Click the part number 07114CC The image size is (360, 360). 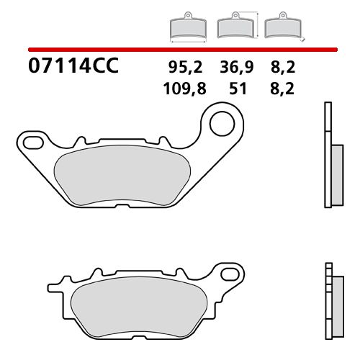point(72,68)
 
